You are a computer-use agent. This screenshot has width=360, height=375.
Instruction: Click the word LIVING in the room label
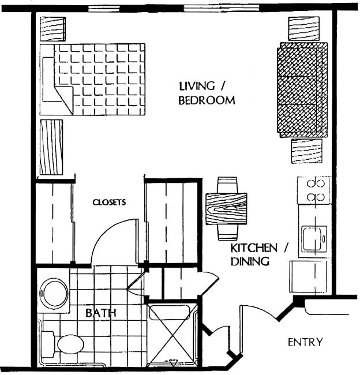coord(197,86)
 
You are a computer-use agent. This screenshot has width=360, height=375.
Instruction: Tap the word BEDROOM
coord(207,100)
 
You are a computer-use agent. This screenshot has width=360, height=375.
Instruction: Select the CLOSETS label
coord(109,202)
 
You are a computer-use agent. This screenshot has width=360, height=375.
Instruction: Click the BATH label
coord(101,313)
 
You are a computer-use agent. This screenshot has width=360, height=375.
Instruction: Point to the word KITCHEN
coord(254,248)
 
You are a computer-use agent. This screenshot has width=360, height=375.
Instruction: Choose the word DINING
coord(250,261)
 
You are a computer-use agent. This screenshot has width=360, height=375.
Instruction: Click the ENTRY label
coord(305,342)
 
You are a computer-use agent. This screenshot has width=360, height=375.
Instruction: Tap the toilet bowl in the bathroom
coord(70,344)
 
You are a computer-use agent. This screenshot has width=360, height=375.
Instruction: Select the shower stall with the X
coord(172,335)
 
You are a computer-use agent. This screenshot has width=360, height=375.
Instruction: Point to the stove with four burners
coord(314,190)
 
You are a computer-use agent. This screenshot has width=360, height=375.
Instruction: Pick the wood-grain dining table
coord(226,209)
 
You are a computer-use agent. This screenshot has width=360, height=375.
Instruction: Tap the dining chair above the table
coord(227,185)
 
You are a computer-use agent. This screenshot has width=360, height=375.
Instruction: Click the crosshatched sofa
coord(302,90)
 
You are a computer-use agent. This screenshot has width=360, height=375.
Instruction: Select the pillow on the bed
coord(48,80)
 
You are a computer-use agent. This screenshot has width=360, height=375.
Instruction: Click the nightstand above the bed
coord(53,29)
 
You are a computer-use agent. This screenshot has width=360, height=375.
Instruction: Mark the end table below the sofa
coord(306,151)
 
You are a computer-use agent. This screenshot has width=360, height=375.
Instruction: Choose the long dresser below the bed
coord(51,147)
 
